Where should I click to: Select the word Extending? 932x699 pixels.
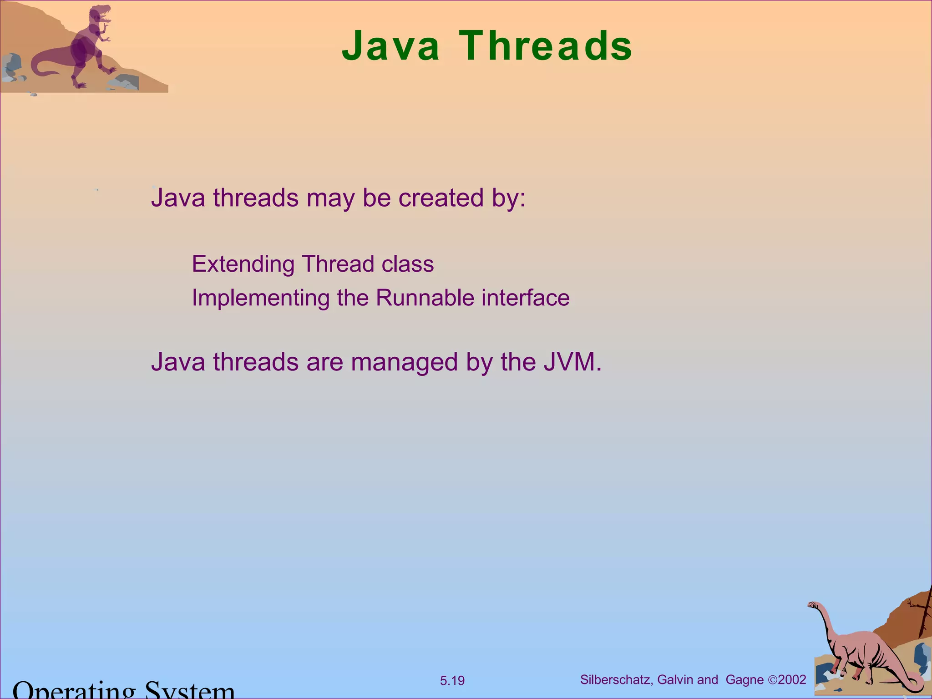pyautogui.click(x=243, y=264)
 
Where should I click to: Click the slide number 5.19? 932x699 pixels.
pyautogui.click(x=452, y=681)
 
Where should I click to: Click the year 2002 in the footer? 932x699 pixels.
pyautogui.click(x=792, y=680)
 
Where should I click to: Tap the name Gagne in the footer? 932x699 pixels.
pyautogui.click(x=745, y=680)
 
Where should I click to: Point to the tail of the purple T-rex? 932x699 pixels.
pyautogui.click(x=41, y=68)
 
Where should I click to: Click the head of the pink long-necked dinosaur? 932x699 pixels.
pyautogui.click(x=813, y=605)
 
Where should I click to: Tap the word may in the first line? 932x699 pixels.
pyautogui.click(x=331, y=199)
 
